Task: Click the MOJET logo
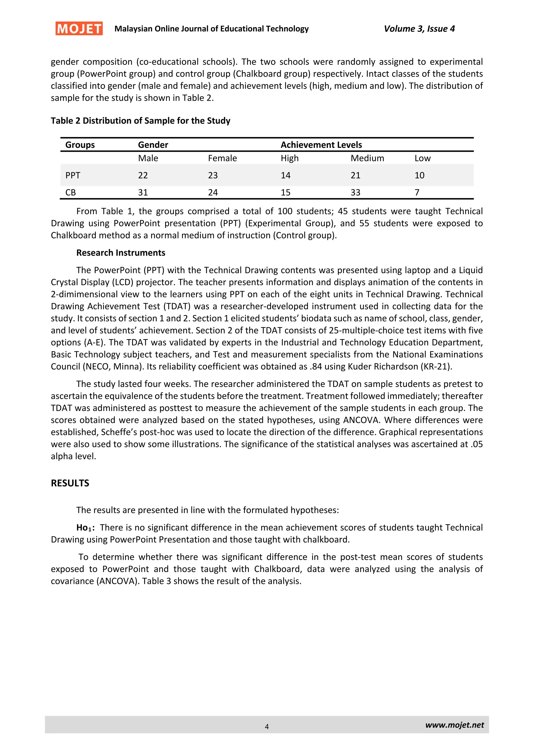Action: tap(79, 29)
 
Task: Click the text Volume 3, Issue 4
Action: tap(419, 29)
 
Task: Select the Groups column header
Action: tap(80, 145)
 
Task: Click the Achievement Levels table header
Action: tap(321, 145)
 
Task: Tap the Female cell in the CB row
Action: tap(213, 192)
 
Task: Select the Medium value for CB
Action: tap(355, 192)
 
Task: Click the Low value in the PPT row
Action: tap(419, 175)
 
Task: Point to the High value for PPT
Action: tap(286, 175)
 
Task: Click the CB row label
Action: tap(70, 192)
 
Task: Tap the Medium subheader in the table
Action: tap(367, 158)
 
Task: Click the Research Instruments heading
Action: tap(121, 253)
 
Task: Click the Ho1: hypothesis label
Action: tap(86, 528)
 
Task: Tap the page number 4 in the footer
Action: tap(267, 726)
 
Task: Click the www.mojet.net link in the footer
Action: tap(454, 725)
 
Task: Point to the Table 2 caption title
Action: tap(140, 121)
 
